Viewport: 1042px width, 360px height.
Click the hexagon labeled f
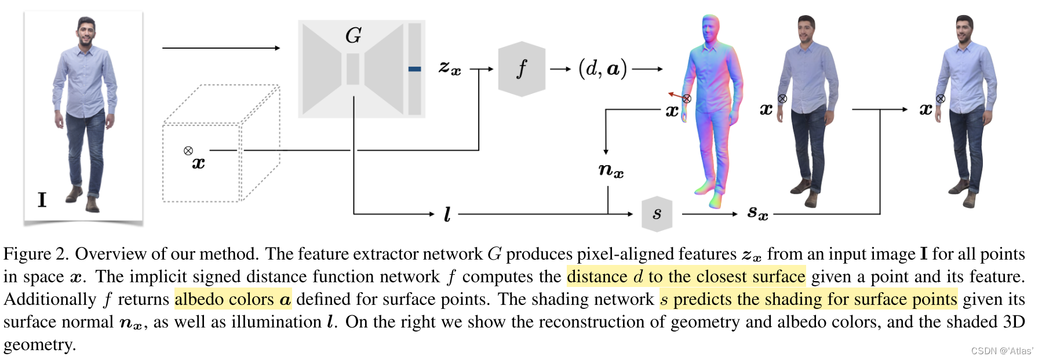click(522, 69)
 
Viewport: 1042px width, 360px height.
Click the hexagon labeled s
click(657, 214)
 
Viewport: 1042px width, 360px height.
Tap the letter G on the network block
click(354, 36)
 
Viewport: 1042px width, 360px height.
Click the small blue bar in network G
click(414, 69)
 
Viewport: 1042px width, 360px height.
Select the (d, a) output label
click(603, 69)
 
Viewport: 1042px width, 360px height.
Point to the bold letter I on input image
click(42, 200)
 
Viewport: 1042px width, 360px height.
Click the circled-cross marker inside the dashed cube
click(188, 151)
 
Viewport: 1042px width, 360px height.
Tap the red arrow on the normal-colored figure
click(675, 94)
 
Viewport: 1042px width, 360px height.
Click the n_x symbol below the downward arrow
click(610, 170)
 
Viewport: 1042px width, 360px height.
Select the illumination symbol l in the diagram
click(447, 214)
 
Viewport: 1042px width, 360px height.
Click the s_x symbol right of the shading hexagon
click(757, 213)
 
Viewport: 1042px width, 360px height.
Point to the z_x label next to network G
click(450, 69)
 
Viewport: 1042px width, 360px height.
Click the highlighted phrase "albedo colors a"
click(232, 299)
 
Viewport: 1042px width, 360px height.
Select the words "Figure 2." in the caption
click(36, 254)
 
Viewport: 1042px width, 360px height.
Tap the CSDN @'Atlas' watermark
click(1001, 351)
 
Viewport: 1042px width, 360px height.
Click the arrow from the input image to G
click(220, 48)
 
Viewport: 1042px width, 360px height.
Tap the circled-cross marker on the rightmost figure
click(941, 99)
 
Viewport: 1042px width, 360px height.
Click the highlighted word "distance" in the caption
click(597, 277)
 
